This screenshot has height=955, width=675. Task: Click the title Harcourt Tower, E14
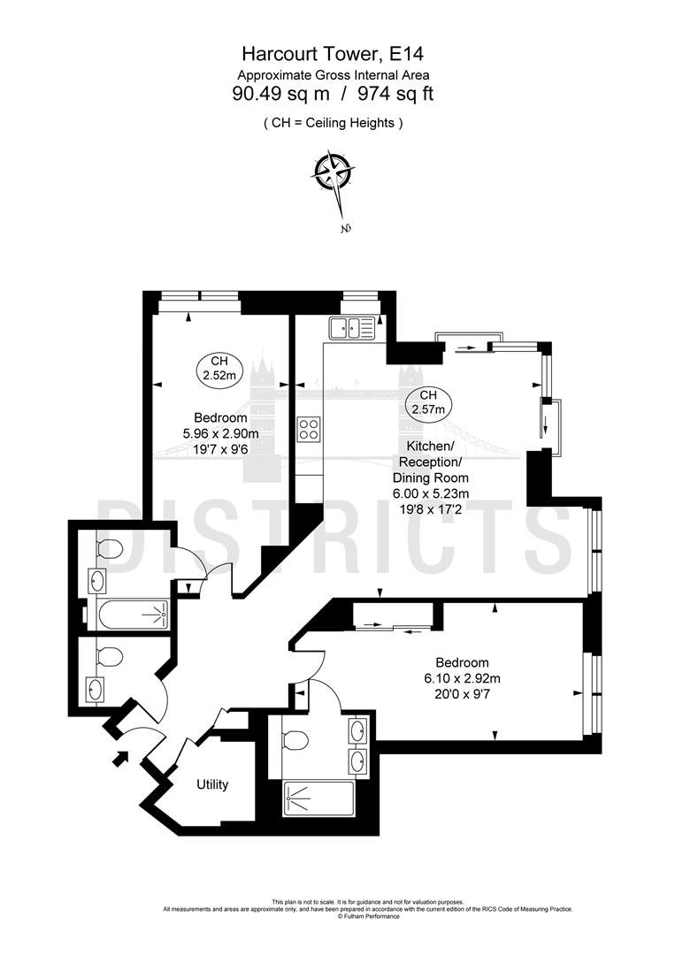click(333, 54)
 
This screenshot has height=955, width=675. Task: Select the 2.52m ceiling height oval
click(219, 369)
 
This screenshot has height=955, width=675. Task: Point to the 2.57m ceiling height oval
click(427, 402)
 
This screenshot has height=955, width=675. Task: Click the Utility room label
click(212, 784)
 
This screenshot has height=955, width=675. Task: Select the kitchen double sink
click(352, 328)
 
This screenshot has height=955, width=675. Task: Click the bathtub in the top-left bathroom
click(132, 615)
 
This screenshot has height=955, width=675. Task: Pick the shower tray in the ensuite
click(318, 798)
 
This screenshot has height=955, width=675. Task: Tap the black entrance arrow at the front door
click(120, 757)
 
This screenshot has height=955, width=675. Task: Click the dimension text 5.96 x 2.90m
click(220, 433)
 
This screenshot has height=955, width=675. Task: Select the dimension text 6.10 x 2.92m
click(463, 678)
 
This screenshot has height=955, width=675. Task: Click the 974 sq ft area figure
click(396, 94)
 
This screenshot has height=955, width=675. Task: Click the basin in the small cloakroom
click(95, 690)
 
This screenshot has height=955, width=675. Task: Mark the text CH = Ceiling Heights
click(333, 123)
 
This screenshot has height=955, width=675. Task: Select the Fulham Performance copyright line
click(369, 916)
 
